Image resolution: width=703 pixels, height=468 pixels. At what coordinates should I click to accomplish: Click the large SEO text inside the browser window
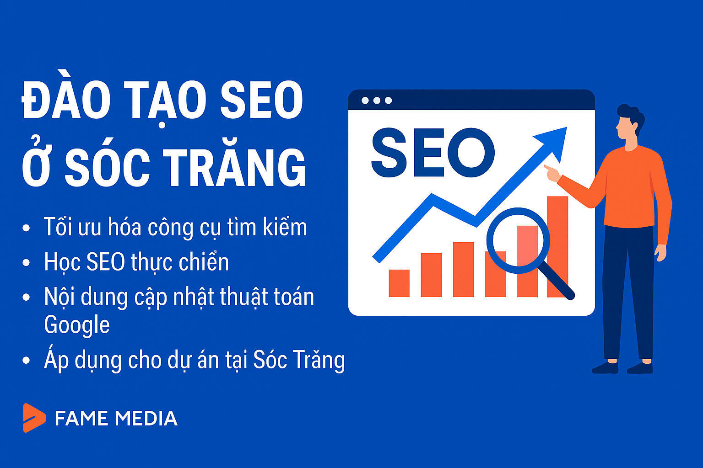[432, 153]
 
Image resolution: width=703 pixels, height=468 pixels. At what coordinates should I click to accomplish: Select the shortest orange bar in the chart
[399, 283]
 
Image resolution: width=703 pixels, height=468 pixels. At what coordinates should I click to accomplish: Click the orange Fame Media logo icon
[34, 418]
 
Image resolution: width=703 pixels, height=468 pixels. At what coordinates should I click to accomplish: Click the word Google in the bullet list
[77, 325]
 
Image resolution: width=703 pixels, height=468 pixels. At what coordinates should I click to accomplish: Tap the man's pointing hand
[552, 173]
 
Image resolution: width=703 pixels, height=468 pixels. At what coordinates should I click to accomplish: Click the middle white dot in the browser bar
[377, 101]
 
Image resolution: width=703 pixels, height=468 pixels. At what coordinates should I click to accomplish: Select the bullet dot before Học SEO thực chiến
[26, 263]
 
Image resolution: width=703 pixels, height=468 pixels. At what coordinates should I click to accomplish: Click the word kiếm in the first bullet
[285, 228]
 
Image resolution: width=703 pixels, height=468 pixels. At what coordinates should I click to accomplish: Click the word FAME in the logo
[81, 419]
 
